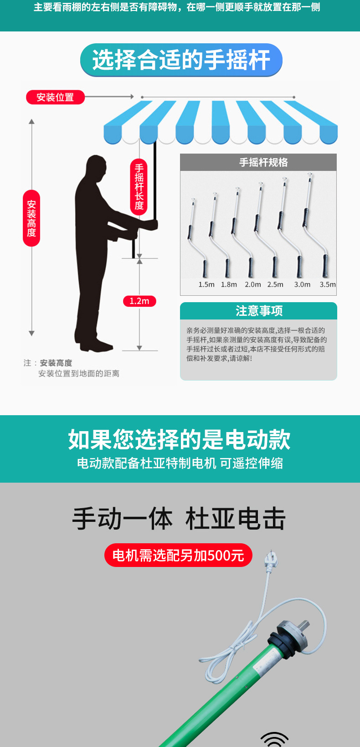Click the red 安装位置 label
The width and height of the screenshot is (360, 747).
click(55, 97)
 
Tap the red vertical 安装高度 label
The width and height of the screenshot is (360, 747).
click(31, 218)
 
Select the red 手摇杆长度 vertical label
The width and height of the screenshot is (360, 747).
click(139, 187)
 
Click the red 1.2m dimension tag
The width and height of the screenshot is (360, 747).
click(139, 301)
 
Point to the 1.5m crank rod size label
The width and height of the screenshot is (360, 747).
click(206, 284)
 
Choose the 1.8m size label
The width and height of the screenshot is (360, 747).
click(229, 284)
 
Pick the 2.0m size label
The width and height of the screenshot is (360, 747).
click(252, 284)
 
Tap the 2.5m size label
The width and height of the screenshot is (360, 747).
click(275, 284)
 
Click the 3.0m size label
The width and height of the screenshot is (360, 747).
click(302, 284)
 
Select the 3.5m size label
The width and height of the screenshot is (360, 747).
click(328, 284)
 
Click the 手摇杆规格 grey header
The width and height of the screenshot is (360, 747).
click(258, 162)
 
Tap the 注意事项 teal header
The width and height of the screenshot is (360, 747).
click(259, 311)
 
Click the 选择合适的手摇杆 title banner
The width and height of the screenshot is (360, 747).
click(181, 60)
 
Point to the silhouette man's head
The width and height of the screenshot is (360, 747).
click(96, 168)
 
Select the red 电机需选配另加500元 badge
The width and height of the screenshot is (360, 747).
click(178, 555)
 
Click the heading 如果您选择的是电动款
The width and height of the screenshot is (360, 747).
click(180, 439)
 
